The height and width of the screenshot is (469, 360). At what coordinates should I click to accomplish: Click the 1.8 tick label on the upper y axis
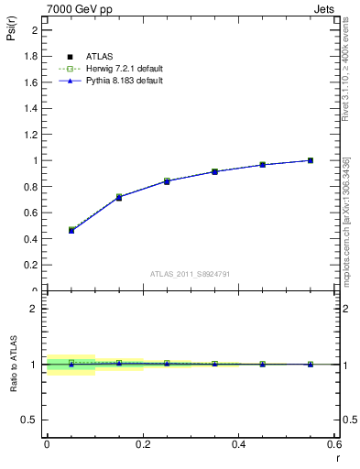coord(31,56)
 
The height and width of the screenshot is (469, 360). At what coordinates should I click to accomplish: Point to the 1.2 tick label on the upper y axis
coord(31,135)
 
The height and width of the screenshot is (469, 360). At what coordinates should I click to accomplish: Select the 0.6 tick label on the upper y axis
coord(31,213)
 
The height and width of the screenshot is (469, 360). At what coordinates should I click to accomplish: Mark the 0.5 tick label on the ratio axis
coord(29,420)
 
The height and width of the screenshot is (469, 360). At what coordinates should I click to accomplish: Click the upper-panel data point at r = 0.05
coord(71,231)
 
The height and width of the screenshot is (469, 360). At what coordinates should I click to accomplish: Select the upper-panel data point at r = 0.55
coord(311,160)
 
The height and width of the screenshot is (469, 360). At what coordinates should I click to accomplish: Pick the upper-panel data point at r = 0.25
coord(167,181)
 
